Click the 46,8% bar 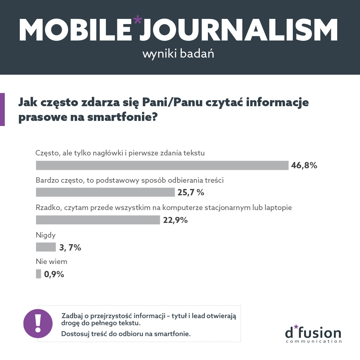point(162,165)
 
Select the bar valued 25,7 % point(105,192)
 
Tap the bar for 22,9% point(98,220)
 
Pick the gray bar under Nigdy point(46,247)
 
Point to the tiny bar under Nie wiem point(38,274)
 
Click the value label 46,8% point(304,165)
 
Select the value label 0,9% point(54,274)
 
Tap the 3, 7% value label point(70,247)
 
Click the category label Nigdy point(46,235)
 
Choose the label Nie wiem point(51,262)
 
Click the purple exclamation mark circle point(38,324)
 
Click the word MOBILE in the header point(75,30)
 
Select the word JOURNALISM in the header point(238,30)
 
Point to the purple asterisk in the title point(138,21)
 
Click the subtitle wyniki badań point(178,54)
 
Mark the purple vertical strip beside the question point(2,109)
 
